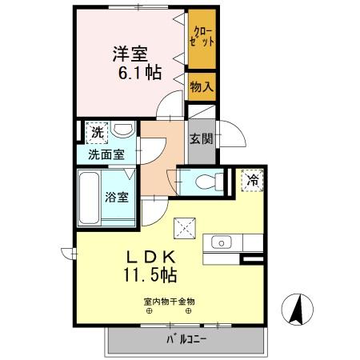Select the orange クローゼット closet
(202, 38)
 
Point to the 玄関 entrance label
(200, 137)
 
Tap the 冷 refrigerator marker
(251, 182)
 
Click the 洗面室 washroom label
(106, 154)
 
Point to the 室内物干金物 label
(170, 302)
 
